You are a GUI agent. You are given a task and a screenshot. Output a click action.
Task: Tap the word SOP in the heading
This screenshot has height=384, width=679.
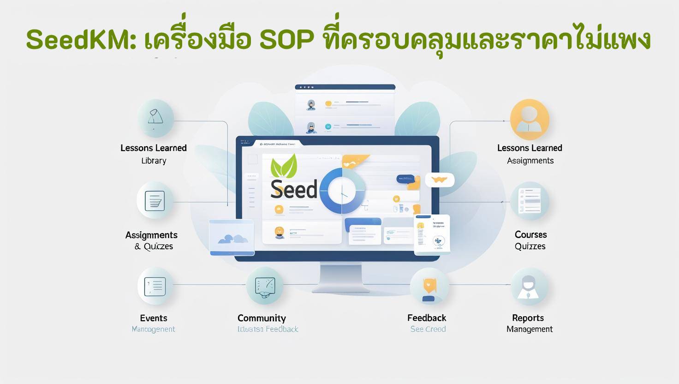[x=286, y=40]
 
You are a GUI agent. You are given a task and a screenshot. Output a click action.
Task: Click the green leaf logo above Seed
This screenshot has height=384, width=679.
[x=284, y=166]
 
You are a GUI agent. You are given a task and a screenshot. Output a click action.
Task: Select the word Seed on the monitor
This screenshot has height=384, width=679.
[x=294, y=189]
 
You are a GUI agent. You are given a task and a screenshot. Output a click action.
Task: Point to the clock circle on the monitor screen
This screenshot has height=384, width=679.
[x=342, y=191]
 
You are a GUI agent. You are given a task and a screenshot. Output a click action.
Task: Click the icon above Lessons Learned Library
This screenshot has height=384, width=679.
[x=155, y=118]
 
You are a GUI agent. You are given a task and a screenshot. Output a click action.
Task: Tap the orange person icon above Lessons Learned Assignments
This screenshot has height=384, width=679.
[x=530, y=119]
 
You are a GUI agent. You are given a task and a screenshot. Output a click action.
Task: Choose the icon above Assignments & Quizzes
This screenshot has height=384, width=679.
[x=155, y=201]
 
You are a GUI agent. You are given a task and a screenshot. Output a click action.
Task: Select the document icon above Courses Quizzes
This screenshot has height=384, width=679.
[x=530, y=201]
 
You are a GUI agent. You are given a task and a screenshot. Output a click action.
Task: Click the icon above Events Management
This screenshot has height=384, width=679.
[x=155, y=286]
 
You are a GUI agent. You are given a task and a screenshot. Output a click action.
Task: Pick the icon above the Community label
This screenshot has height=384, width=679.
[x=264, y=286]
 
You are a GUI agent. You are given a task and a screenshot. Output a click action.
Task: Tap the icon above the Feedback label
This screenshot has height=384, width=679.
[x=429, y=287]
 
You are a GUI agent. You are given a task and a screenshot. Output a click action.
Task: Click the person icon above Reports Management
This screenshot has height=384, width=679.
[x=529, y=287]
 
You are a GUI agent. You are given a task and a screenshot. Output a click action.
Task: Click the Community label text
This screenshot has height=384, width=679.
[x=262, y=318]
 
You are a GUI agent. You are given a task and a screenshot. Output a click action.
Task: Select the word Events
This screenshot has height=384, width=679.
[x=154, y=318]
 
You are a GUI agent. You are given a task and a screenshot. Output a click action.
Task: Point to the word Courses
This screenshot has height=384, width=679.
[x=530, y=234]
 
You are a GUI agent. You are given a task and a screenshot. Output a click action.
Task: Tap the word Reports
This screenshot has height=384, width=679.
[x=528, y=318]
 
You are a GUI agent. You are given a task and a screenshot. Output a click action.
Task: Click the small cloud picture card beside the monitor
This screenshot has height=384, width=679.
[x=232, y=237]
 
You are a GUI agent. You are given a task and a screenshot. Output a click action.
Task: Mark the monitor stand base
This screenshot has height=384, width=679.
[x=337, y=288]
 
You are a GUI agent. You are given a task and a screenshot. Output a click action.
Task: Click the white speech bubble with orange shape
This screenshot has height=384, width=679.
[x=440, y=180]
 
